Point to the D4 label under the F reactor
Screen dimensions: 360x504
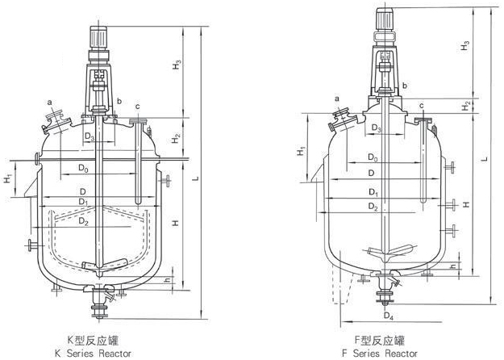point(389,313)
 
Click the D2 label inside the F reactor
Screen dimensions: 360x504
point(373,207)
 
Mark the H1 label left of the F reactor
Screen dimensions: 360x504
point(300,150)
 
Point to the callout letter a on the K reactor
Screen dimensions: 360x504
point(49,103)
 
